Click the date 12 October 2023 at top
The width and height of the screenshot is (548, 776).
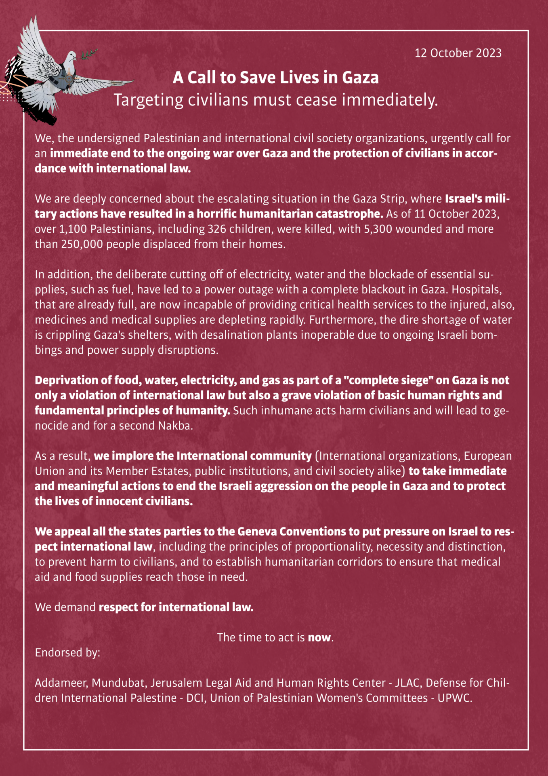(458, 53)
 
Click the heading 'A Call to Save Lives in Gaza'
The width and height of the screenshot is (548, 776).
(275, 78)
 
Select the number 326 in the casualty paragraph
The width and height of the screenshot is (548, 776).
(217, 229)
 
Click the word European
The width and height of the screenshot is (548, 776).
(487, 456)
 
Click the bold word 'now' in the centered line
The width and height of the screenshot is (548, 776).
(319, 637)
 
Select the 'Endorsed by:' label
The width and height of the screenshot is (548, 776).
(67, 653)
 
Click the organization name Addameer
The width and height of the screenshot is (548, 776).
(60, 683)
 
